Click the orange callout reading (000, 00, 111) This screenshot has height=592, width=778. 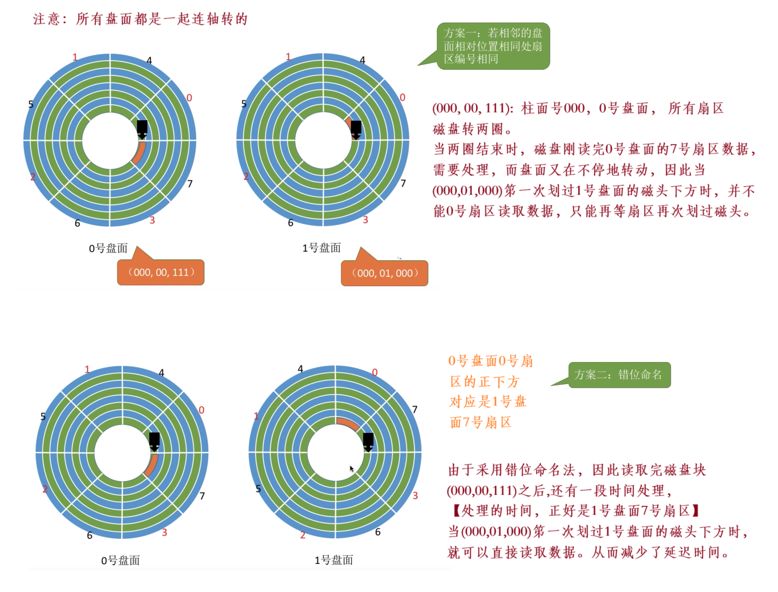coord(161,272)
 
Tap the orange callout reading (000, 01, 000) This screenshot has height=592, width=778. coord(384,273)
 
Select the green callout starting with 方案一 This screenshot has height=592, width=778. coord(493,46)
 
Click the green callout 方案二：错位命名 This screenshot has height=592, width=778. coord(619,375)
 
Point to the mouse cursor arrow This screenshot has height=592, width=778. coord(351,468)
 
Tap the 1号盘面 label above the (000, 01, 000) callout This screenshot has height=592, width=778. coord(321,248)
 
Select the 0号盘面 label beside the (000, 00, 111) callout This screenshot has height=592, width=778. coord(108,248)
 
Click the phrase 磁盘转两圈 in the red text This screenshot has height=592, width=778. coord(467,129)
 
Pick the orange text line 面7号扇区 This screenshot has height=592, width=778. coord(481,422)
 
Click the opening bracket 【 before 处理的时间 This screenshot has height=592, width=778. coord(455,511)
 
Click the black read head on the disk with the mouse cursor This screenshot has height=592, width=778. coord(368,441)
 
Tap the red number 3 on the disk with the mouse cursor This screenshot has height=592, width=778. coord(415,495)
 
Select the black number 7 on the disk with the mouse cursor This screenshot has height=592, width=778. coord(415,409)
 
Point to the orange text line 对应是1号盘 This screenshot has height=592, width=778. coord(488,402)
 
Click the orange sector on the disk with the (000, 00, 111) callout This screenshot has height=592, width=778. coord(138,153)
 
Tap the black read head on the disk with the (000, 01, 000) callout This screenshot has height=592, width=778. coord(356,129)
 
